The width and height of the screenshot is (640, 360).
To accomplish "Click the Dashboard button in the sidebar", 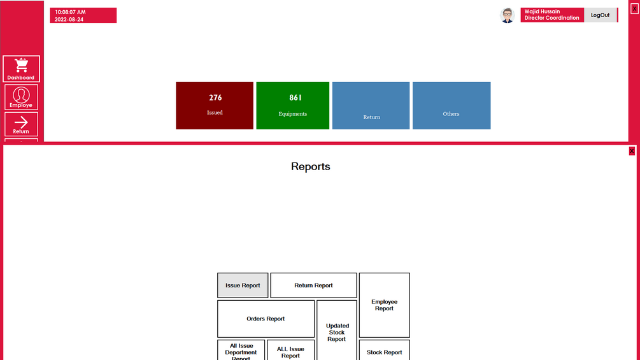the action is pyautogui.click(x=21, y=69).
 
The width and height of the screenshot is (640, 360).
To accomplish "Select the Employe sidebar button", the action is pyautogui.click(x=21, y=97).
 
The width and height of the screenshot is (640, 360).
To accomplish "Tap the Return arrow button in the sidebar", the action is pyautogui.click(x=21, y=124).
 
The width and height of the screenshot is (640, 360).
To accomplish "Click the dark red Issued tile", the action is pyautogui.click(x=215, y=106).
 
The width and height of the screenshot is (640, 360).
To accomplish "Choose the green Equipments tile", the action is pyautogui.click(x=293, y=106).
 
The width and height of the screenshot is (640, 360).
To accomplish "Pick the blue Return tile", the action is pyautogui.click(x=371, y=106).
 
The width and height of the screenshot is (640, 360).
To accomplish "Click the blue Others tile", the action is pyautogui.click(x=452, y=106).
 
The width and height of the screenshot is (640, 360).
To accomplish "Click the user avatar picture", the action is pyautogui.click(x=508, y=15).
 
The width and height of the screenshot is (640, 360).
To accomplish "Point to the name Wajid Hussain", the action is pyautogui.click(x=542, y=11).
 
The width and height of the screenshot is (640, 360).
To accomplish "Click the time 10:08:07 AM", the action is pyautogui.click(x=70, y=12).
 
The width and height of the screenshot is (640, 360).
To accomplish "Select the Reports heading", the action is pyautogui.click(x=311, y=166).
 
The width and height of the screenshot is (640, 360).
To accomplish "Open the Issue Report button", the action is pyautogui.click(x=243, y=285).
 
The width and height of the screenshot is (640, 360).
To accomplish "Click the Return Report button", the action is pyautogui.click(x=313, y=285).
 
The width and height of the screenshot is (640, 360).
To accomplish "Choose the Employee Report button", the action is pyautogui.click(x=385, y=305).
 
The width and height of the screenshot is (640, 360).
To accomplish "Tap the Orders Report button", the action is pyautogui.click(x=266, y=319).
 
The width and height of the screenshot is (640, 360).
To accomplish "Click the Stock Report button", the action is pyautogui.click(x=385, y=352).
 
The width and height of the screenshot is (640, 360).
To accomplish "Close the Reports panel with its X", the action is pyautogui.click(x=632, y=151).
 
